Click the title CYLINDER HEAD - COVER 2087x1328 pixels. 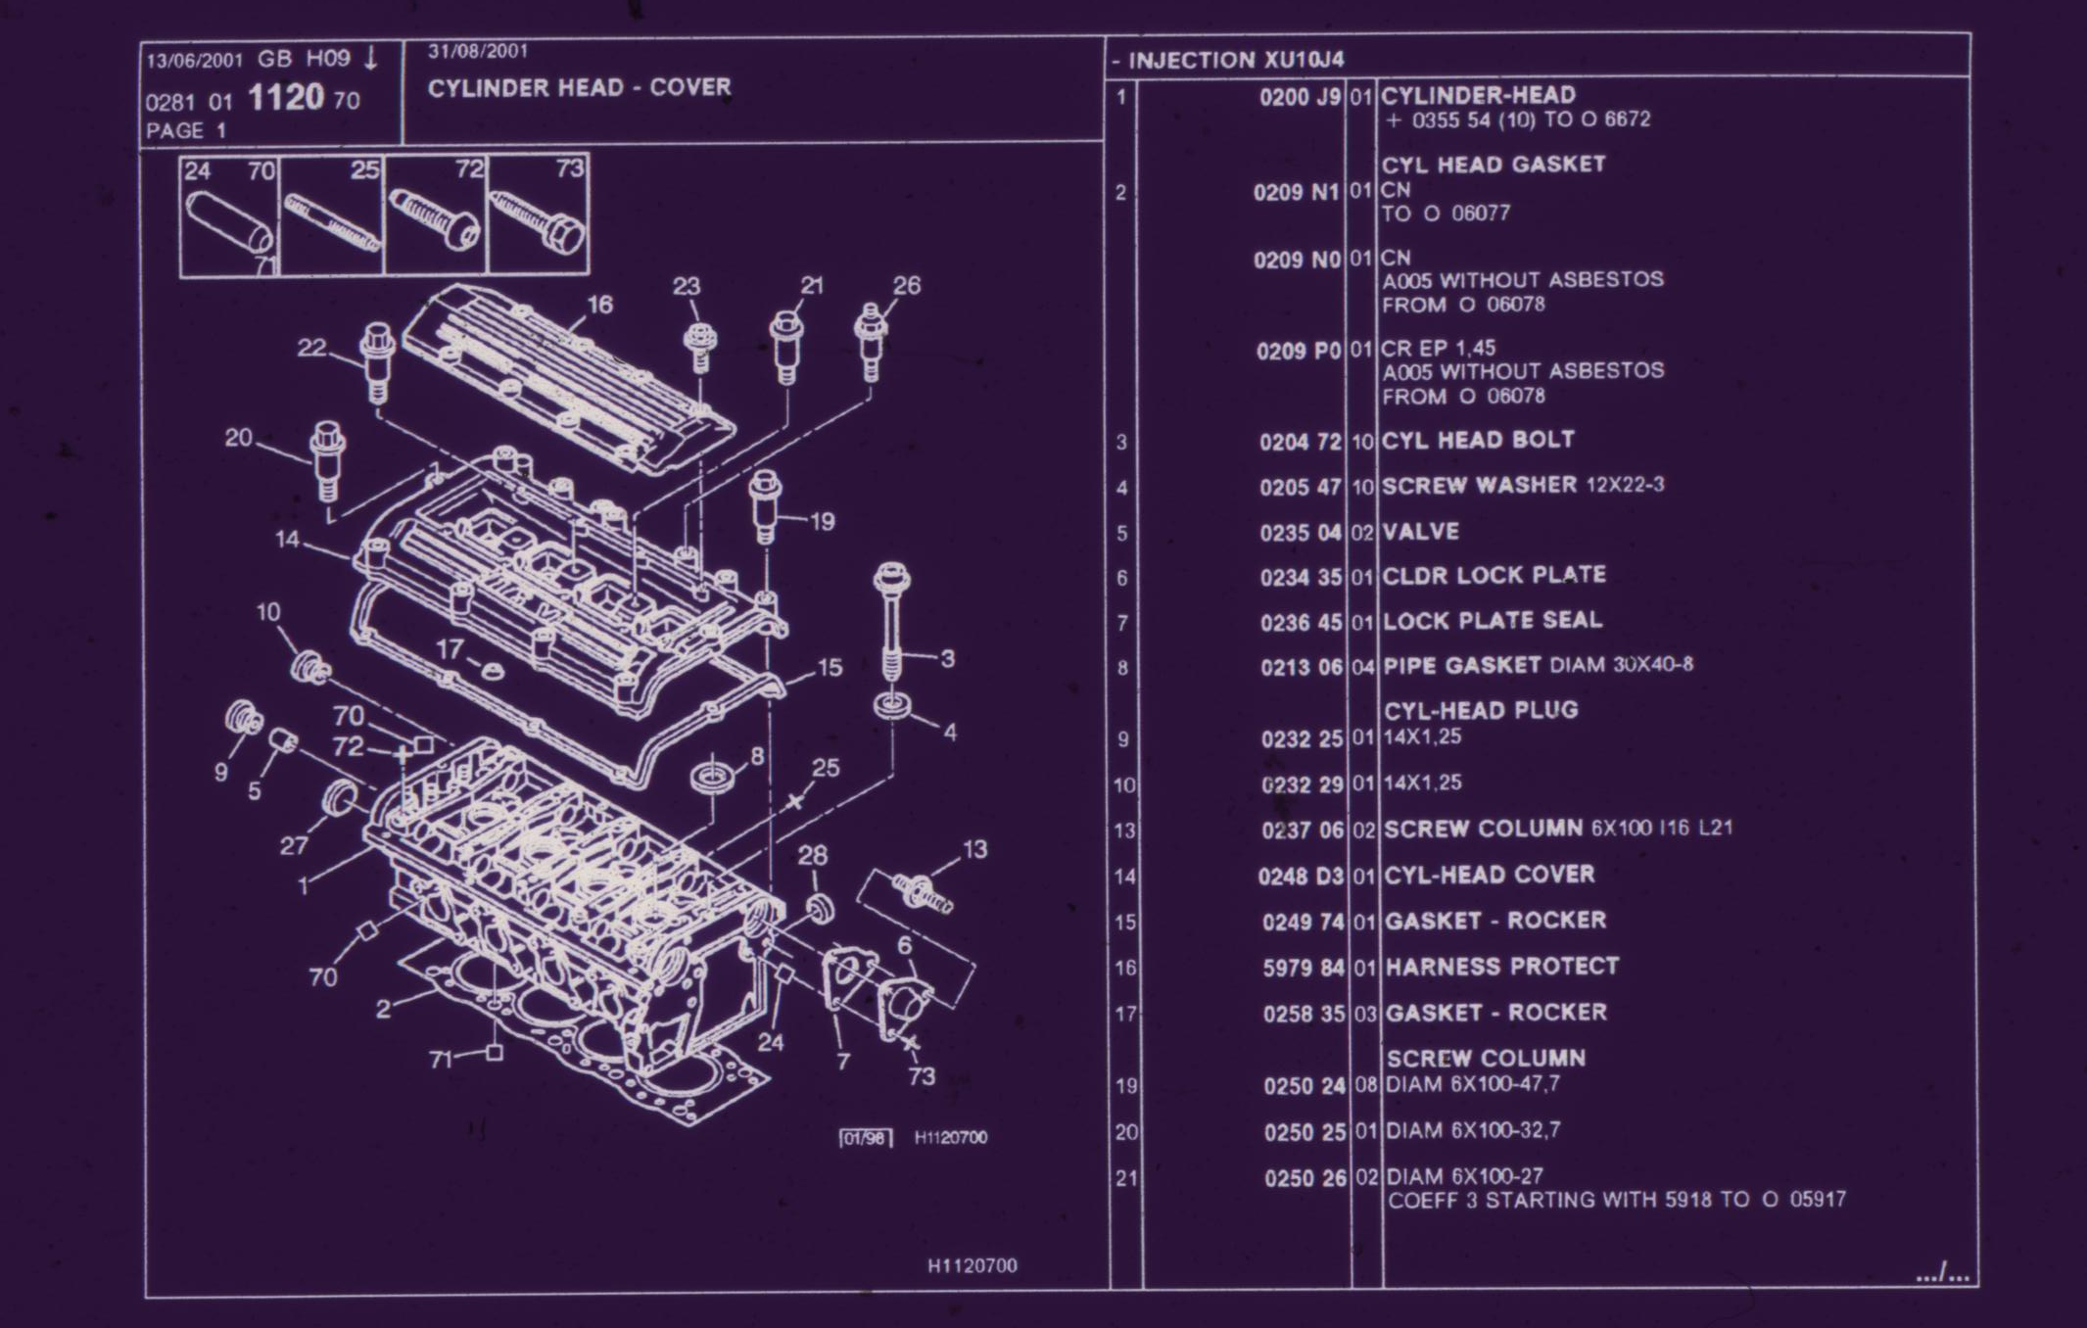579,88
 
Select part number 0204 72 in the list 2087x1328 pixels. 1300,443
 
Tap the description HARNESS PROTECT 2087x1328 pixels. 1501,967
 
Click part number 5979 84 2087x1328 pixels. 1304,969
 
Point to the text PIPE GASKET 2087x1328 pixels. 1461,666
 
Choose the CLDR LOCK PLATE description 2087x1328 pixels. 1494,576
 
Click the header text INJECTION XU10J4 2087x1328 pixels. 1236,61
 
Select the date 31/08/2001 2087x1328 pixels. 478,52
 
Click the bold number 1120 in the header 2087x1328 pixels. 285,98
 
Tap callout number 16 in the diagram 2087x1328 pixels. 599,306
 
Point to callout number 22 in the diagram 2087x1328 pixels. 311,349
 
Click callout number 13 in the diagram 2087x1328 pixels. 974,850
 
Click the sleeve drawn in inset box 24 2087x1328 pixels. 230,220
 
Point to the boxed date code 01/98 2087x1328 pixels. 866,1138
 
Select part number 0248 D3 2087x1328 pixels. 1301,876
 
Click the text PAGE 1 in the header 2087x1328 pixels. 186,131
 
